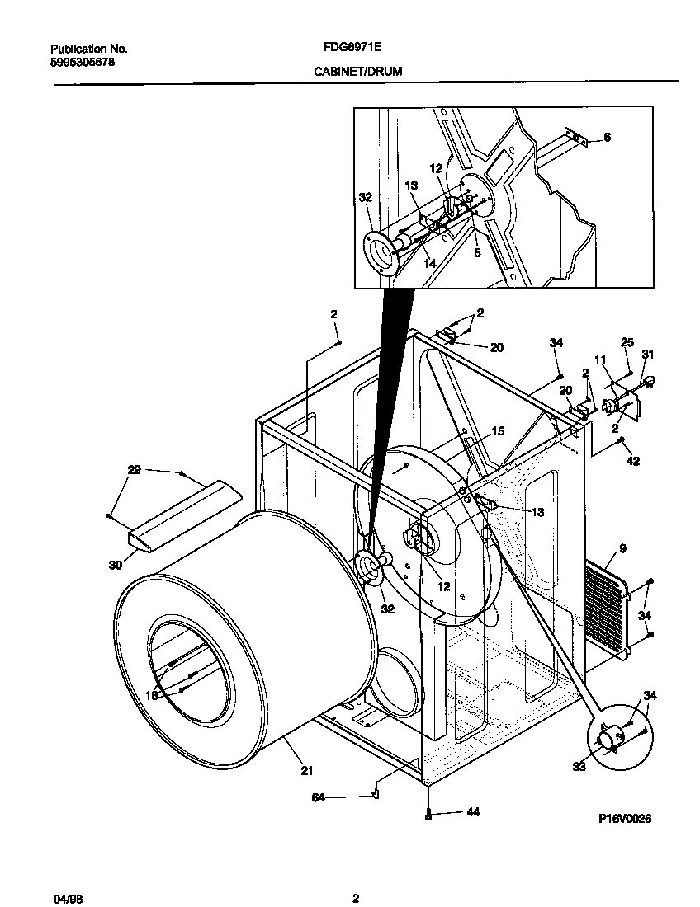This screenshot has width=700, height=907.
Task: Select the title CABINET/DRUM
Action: coord(357,72)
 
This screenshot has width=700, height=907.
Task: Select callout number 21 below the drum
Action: coord(306,771)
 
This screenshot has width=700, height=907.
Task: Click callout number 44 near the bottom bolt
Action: coord(472,812)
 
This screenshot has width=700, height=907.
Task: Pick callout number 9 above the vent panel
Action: coord(622,547)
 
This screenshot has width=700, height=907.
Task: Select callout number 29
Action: coord(134,470)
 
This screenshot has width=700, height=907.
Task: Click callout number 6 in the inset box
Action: coord(607,138)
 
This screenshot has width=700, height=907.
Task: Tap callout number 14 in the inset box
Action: coord(429,264)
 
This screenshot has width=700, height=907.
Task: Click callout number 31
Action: coord(648,355)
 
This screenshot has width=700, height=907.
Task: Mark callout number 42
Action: coord(633,461)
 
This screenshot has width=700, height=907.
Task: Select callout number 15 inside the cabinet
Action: coord(498,430)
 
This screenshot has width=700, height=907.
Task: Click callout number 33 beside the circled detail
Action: coord(579,766)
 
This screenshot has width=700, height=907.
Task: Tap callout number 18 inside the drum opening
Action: coord(152,695)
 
